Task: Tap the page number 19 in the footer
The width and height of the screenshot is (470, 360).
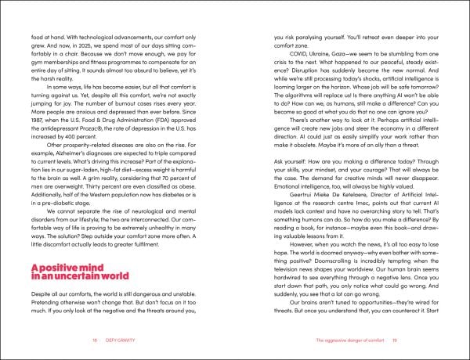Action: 375,341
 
